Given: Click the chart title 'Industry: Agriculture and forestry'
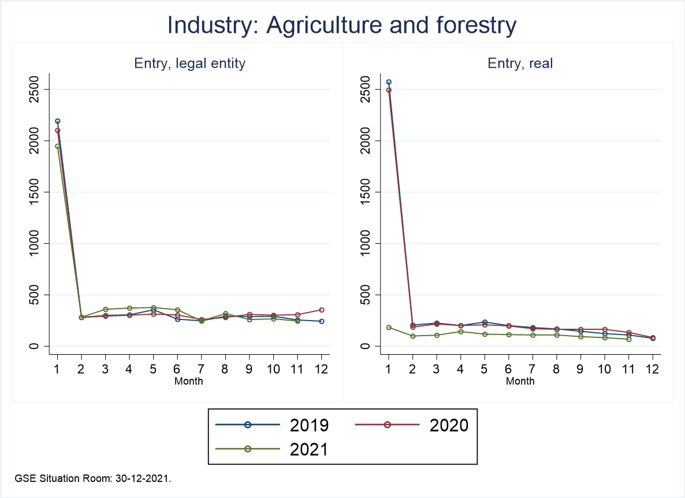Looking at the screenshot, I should pyautogui.click(x=341, y=26).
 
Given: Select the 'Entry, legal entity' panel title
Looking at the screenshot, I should pyautogui.click(x=190, y=64).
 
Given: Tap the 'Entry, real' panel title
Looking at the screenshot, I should pyautogui.click(x=520, y=64).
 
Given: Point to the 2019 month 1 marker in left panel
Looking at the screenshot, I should pyautogui.click(x=58, y=121).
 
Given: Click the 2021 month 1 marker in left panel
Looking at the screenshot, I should pyautogui.click(x=58, y=146).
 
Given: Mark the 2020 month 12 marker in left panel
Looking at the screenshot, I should pyautogui.click(x=322, y=310).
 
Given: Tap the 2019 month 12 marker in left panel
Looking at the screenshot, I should pyautogui.click(x=322, y=321).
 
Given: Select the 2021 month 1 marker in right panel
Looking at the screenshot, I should pyautogui.click(x=389, y=328).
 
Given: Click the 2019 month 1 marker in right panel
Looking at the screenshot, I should pyautogui.click(x=389, y=82).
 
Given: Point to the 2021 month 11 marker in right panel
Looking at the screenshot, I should pyautogui.click(x=628, y=339).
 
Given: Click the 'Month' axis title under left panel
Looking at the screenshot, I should pyautogui.click(x=188, y=381).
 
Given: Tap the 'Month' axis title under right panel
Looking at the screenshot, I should pyautogui.click(x=520, y=381).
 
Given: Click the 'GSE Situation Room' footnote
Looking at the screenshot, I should pyautogui.click(x=93, y=479).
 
